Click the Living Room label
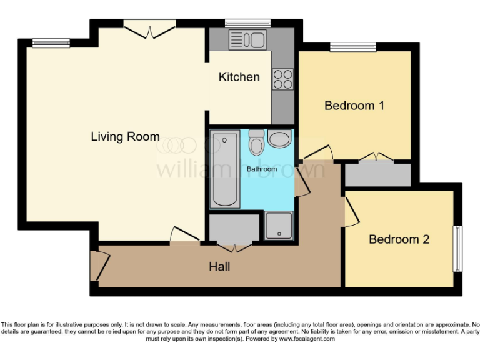tap(125, 136)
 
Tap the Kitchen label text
tap(239, 77)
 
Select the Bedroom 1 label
tap(354, 106)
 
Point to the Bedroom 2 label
tap(399, 239)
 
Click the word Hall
tap(219, 267)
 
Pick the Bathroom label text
tap(261, 169)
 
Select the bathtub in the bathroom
tap(225, 169)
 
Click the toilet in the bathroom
tap(256, 143)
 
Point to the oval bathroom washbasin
tap(279, 139)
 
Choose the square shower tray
tap(278, 226)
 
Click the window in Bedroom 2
tap(458, 248)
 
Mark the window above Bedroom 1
tap(353, 46)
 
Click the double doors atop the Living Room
tap(148, 27)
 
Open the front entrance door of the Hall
tap(99, 266)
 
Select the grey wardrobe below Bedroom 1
tap(377, 174)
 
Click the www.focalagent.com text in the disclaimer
tap(306, 339)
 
